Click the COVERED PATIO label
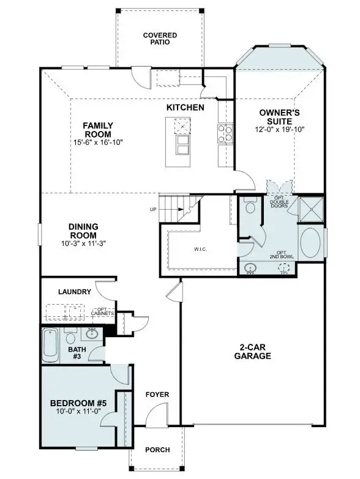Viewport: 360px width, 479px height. pos(160,39)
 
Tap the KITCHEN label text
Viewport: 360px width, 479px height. pos(185,108)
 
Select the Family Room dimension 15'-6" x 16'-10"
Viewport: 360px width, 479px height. pos(98,143)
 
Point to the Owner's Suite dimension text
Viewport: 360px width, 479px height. pos(279,129)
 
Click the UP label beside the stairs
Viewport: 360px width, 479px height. pos(152,209)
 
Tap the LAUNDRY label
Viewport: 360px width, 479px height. pos(75,292)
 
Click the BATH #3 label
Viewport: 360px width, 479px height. pos(77,353)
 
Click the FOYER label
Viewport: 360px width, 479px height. pos(157,395)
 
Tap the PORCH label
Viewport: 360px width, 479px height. pos(157,450)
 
